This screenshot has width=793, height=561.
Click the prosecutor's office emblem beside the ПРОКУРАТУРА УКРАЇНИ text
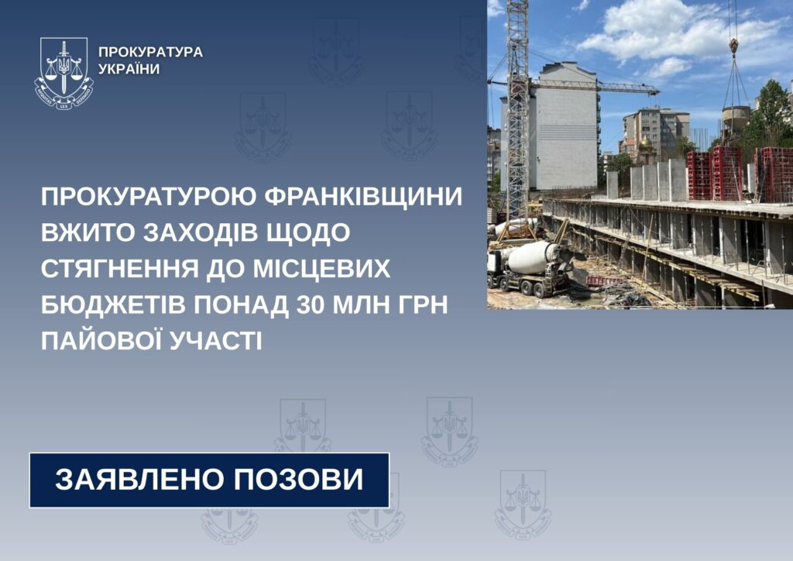[x=64, y=71]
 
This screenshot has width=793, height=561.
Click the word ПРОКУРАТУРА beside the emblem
[x=151, y=52]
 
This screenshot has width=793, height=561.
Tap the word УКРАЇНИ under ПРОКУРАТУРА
[x=129, y=69]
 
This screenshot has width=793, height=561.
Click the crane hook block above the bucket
[x=733, y=46]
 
